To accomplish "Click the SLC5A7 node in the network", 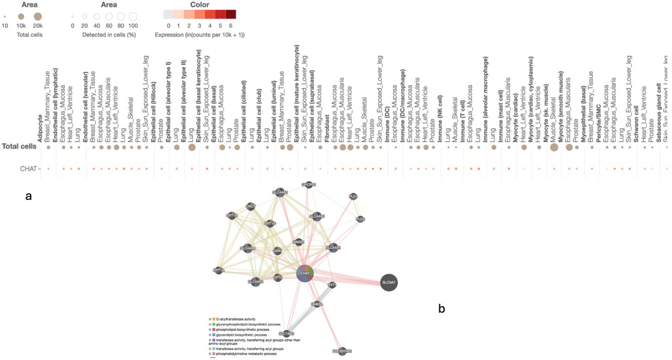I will tap(389, 282).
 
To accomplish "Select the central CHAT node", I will tap(305, 273).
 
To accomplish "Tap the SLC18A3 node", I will tap(286, 333).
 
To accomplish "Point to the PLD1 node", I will tap(353, 196).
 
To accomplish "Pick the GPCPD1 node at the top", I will tap(308, 185).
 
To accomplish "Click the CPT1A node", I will tap(218, 270).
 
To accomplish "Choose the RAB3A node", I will tap(317, 304).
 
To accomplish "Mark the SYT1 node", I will tap(332, 285).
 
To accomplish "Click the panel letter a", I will tap(29, 196).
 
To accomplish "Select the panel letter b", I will tap(442, 309).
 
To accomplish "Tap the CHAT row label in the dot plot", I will tap(28, 169).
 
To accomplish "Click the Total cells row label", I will tap(19, 146).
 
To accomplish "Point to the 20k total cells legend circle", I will tap(38, 16).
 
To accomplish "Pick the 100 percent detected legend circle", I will tap(133, 16).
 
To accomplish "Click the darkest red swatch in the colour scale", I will tap(231, 14).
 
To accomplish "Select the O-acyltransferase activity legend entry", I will tap(235, 319).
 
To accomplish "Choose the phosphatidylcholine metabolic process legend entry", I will tap(246, 354).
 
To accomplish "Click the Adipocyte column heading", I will tap(40, 128).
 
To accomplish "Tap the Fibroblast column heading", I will tap(327, 128).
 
